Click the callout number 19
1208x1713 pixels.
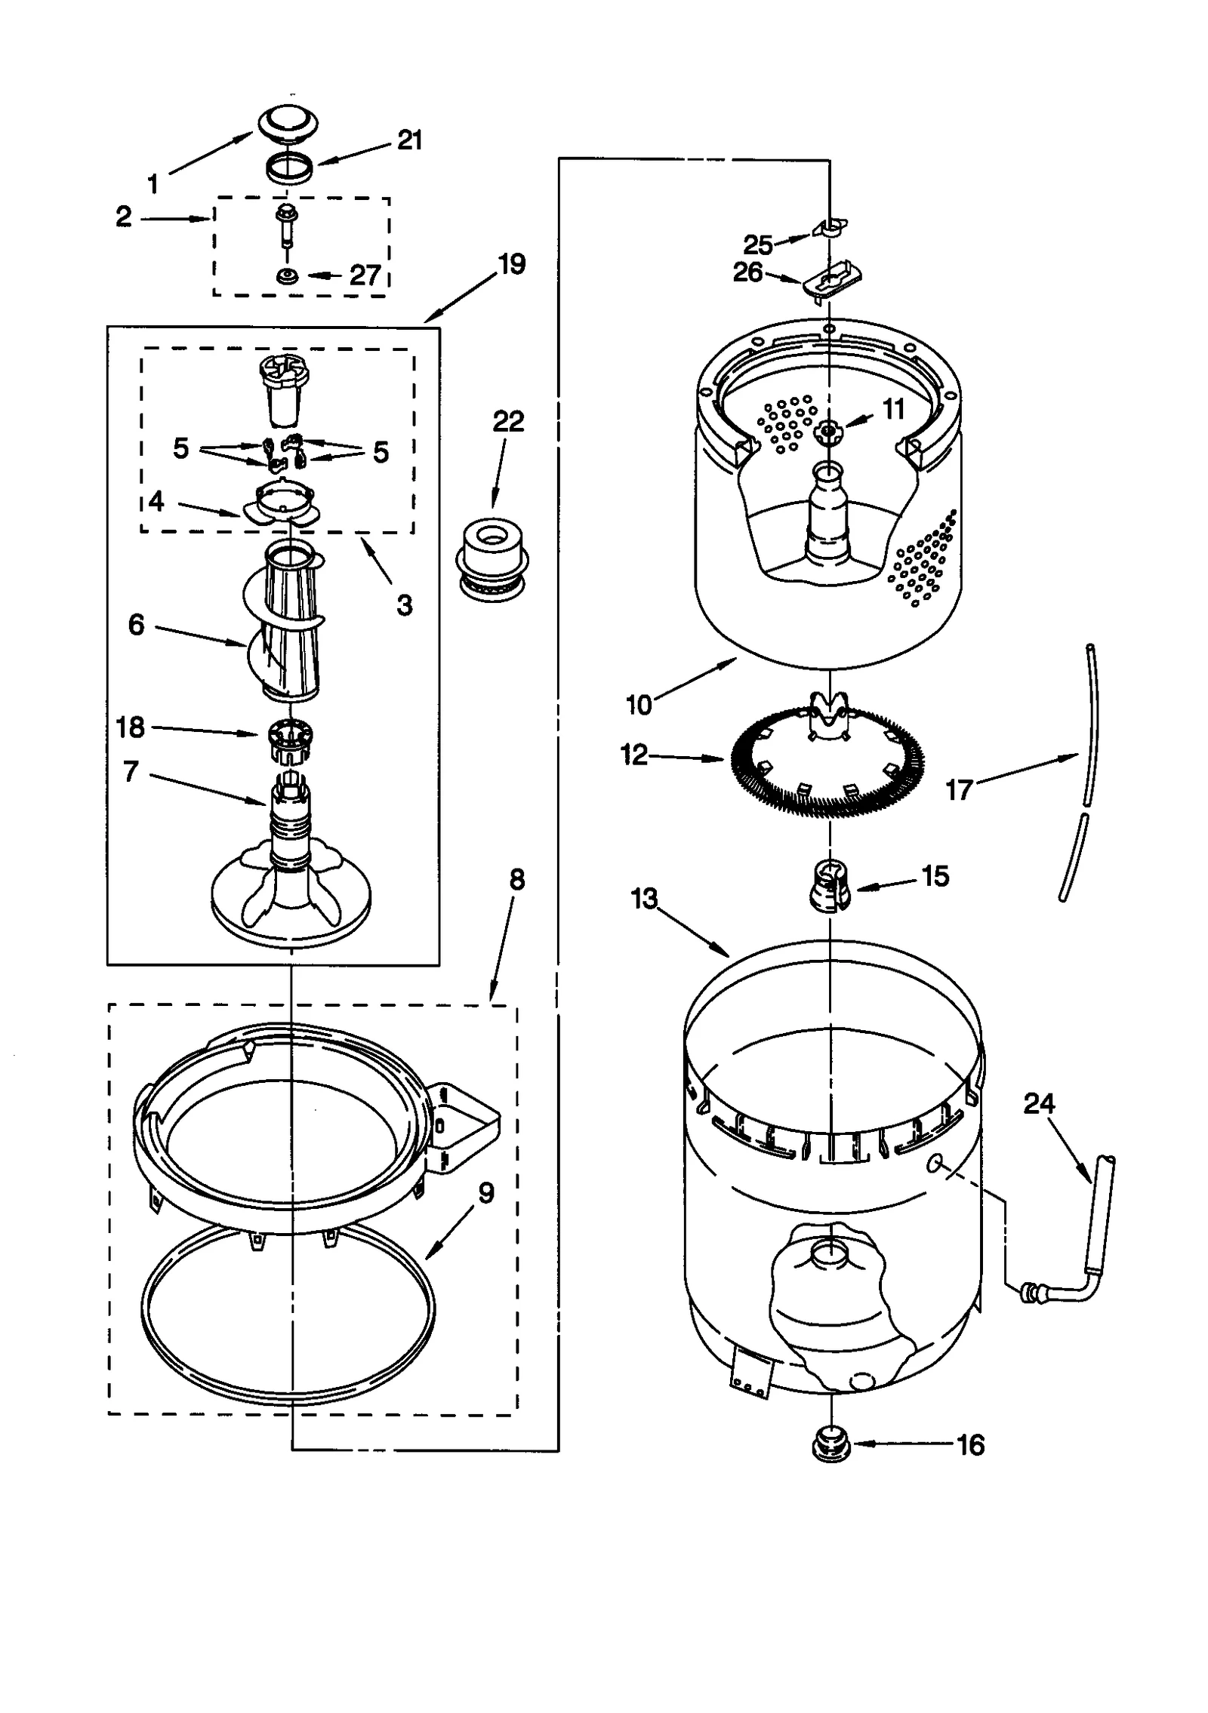[x=511, y=264]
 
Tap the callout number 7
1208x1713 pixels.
[x=131, y=771]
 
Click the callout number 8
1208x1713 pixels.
[x=516, y=880]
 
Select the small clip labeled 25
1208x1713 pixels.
[x=830, y=226]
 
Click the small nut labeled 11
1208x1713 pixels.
[x=828, y=430]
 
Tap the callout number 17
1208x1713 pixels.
[x=959, y=790]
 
